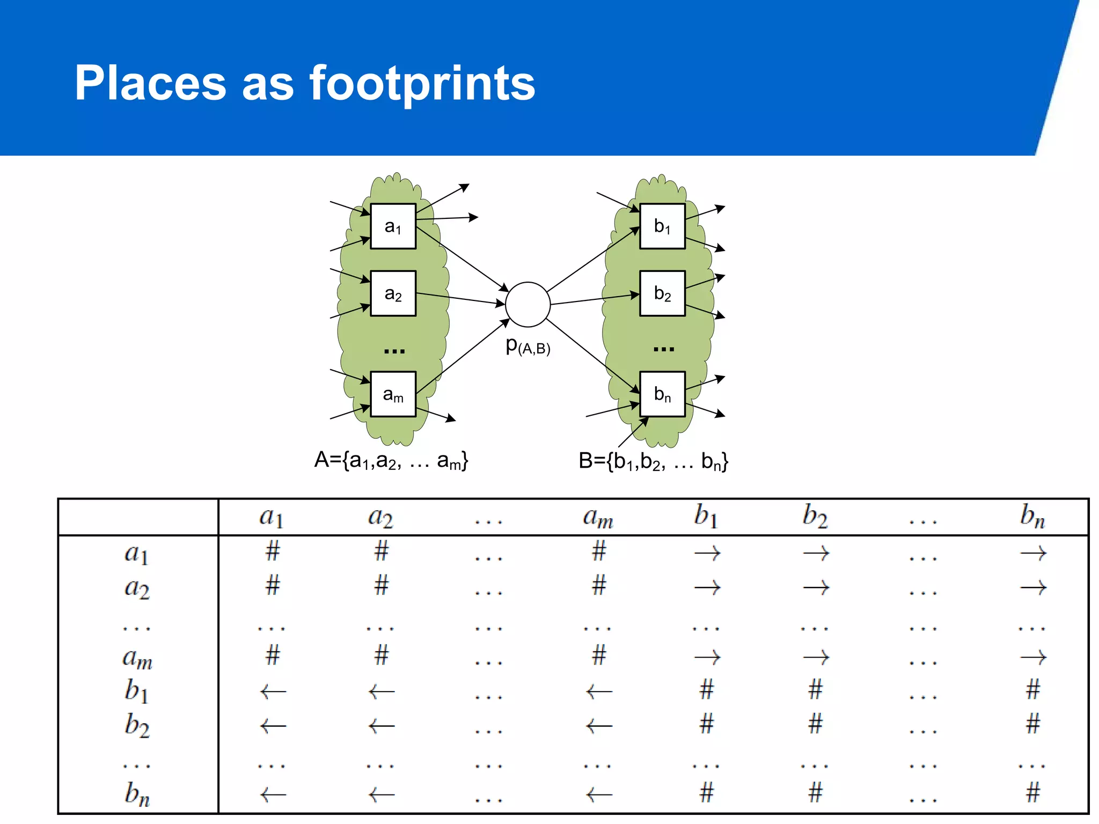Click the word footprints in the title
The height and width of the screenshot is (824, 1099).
tap(422, 83)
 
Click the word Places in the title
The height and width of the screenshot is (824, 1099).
tap(150, 83)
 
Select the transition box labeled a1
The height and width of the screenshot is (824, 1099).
tap(393, 226)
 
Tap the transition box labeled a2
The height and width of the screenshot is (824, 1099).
tap(393, 293)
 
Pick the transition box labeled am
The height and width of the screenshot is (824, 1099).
tap(393, 394)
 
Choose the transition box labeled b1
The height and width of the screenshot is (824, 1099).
tap(662, 226)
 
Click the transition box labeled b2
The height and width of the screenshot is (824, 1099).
tap(662, 293)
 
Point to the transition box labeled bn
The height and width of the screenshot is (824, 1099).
tap(662, 394)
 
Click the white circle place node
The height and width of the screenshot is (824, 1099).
tap(527, 304)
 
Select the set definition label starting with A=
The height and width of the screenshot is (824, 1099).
tap(391, 460)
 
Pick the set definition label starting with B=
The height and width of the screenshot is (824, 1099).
tap(653, 461)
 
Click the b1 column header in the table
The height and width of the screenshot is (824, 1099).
tap(705, 517)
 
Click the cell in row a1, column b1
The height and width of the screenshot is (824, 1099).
tap(707, 553)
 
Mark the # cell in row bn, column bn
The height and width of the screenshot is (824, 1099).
tap(1032, 792)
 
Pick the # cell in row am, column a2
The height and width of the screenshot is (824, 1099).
tap(382, 655)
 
